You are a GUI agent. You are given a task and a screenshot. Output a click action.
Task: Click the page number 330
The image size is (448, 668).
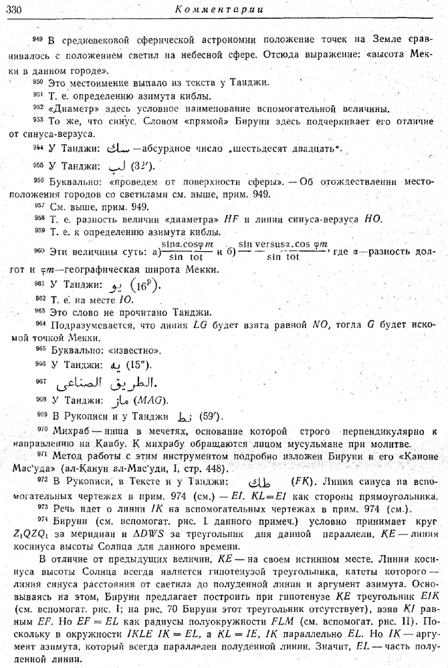(15, 9)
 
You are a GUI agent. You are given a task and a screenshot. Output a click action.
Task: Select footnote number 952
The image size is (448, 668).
(37, 107)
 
